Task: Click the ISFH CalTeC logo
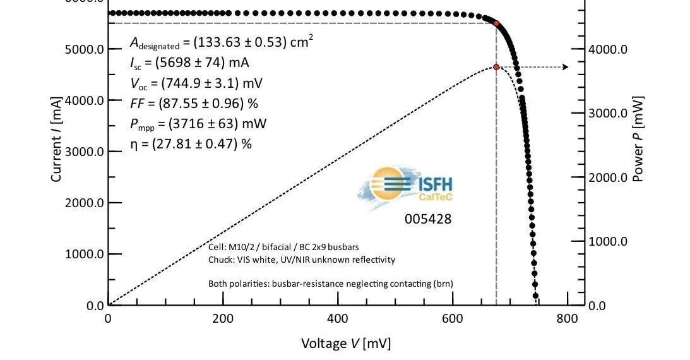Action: coord(406,186)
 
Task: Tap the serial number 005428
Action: coord(428,219)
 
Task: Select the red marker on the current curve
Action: coord(496,23)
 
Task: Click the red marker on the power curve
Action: coord(496,67)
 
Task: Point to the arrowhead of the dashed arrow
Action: coord(565,67)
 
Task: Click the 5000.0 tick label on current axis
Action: coord(85,49)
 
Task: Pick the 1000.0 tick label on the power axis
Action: coord(607,241)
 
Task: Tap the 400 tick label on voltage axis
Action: coord(338,319)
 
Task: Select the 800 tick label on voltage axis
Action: coord(567,319)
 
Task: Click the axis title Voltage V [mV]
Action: coord(345,344)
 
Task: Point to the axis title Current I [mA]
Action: coord(56,140)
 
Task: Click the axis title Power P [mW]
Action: coord(638,140)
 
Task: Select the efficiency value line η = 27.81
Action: coord(191,144)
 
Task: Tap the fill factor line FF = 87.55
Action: coord(194,104)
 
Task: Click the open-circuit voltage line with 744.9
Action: coord(196,83)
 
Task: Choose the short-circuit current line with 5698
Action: coord(189,63)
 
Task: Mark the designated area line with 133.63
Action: coord(221,42)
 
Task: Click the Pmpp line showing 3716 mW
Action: coord(198,123)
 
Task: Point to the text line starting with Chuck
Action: coord(302,260)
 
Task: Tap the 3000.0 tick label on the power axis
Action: coord(607,114)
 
